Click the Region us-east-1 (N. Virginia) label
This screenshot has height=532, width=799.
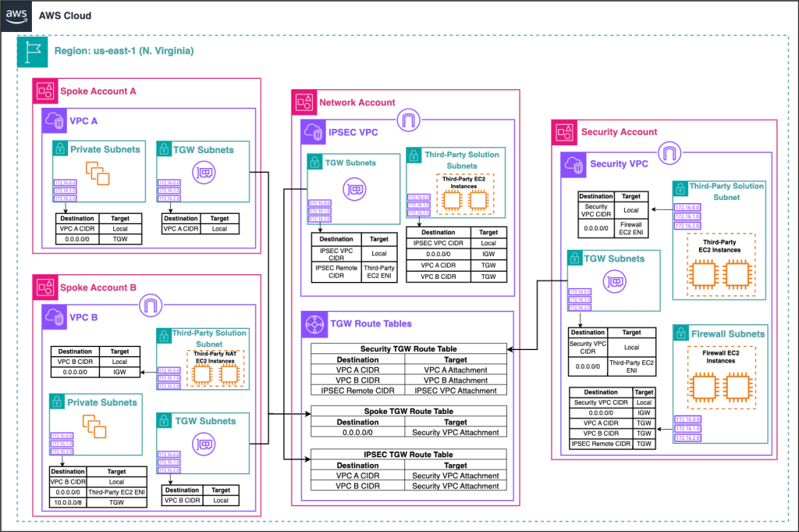click(124, 52)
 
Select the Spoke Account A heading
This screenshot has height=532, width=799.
click(98, 91)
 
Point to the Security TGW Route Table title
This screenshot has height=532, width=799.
click(409, 348)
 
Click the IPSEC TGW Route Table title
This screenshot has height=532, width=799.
click(409, 454)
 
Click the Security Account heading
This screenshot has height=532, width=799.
click(619, 132)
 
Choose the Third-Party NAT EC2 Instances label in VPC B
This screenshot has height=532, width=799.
click(213, 357)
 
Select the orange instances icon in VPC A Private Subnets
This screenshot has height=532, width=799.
click(98, 173)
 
